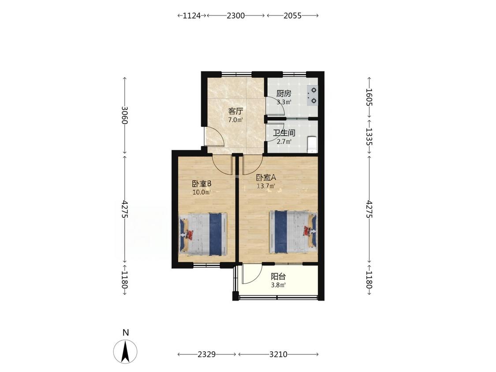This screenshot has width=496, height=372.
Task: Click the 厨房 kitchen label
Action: tap(284, 93)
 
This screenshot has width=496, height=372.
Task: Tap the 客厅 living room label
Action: tap(236, 112)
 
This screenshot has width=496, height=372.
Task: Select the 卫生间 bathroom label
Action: tap(284, 133)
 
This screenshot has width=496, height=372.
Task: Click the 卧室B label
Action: tap(201, 184)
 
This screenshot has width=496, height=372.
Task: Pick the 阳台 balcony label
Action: tap(278, 277)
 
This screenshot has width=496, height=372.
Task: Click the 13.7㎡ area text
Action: tap(266, 186)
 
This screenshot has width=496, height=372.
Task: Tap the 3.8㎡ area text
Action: tap(278, 285)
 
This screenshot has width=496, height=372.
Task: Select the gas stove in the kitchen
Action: tap(312, 95)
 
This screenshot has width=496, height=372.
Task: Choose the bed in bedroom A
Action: tap(293, 232)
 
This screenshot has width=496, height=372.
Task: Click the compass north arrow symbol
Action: tap(126, 351)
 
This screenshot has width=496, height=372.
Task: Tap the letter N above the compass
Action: tap(126, 332)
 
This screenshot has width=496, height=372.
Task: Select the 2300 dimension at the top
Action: tap(236, 15)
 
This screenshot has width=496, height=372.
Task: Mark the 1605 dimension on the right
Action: tap(369, 97)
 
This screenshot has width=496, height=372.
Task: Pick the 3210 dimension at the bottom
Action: tap(278, 354)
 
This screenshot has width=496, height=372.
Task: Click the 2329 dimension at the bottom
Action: tap(207, 354)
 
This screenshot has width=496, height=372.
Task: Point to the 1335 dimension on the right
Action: tap(369, 137)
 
